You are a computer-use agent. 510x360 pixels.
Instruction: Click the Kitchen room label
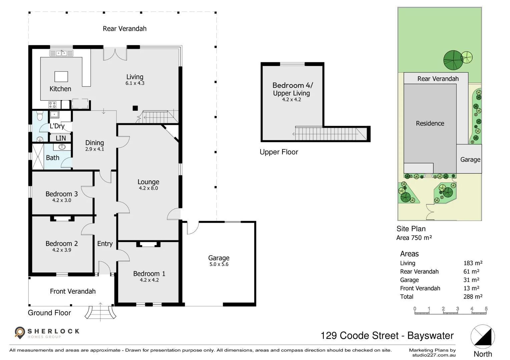[60, 89]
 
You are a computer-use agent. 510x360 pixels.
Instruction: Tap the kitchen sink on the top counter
[61, 53]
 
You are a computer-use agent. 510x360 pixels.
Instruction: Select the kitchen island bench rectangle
[61, 77]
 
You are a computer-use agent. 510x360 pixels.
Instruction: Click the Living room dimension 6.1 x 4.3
[135, 83]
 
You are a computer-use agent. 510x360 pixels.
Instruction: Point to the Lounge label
[148, 182]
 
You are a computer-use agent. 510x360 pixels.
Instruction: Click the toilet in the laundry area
[40, 116]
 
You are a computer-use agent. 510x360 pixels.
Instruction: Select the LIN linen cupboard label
[60, 138]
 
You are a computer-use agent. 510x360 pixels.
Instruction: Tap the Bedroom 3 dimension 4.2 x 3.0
[61, 200]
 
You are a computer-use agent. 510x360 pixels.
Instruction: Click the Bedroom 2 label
[61, 243]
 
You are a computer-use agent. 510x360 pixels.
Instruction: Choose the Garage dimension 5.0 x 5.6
[219, 264]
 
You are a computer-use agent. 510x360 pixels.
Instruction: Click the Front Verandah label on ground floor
[73, 291]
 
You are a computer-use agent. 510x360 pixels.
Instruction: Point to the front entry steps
[100, 312]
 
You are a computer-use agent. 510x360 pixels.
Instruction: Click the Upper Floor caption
[279, 152]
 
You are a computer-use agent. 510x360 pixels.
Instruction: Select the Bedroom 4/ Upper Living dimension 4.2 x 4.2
[292, 99]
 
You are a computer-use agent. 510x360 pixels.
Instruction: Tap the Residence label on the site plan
[430, 123]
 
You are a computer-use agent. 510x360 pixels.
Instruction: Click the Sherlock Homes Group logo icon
[20, 332]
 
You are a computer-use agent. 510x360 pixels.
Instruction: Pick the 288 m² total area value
[473, 297]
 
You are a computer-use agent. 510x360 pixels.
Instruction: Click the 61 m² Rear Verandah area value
[471, 272]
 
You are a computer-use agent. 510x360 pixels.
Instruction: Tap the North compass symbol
[483, 337]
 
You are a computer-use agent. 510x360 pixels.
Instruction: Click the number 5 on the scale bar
[486, 309]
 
